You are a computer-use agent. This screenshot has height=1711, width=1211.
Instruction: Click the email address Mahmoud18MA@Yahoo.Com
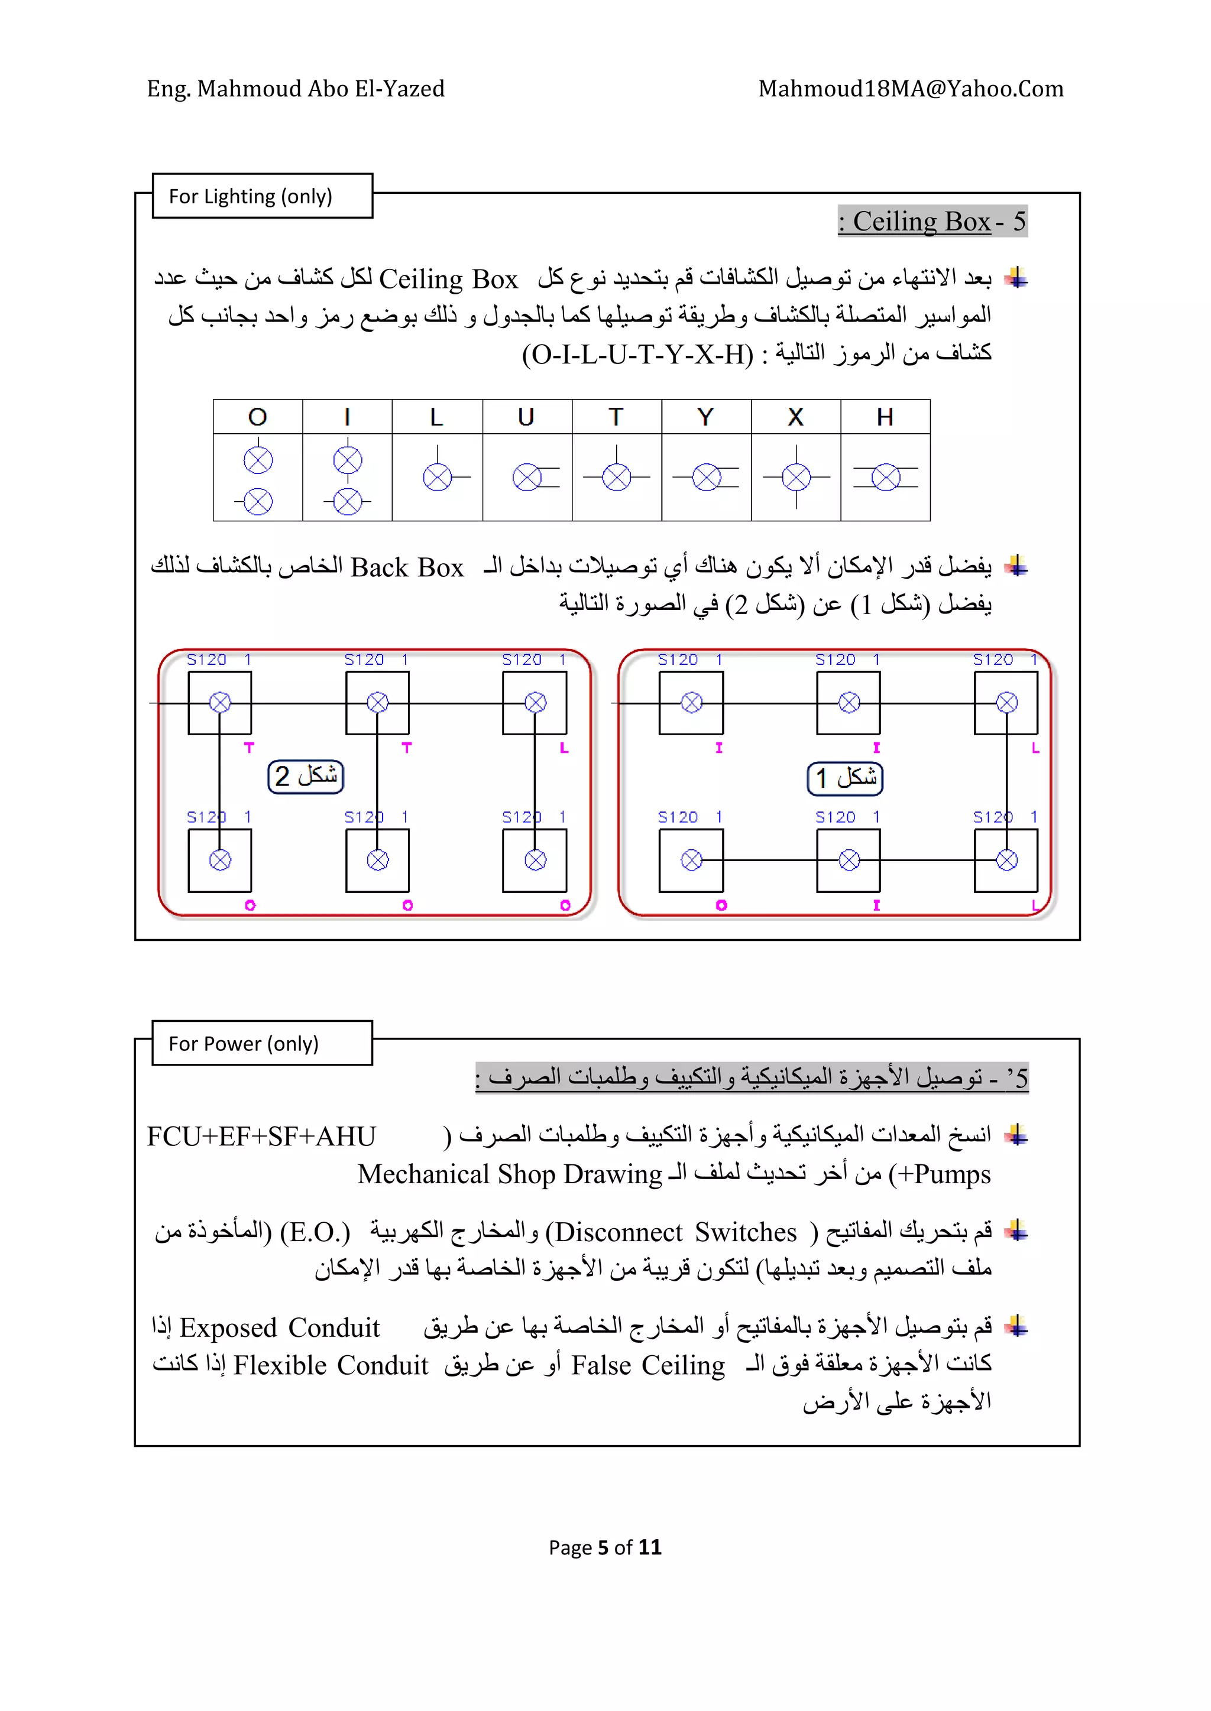click(x=911, y=89)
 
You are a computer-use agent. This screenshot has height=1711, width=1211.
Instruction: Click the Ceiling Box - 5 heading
click(x=932, y=221)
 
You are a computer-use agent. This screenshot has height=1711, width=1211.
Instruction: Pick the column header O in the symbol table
click(x=257, y=417)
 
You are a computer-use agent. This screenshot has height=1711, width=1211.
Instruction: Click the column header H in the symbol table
click(x=885, y=417)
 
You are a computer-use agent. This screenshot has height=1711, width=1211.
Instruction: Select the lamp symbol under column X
click(x=796, y=477)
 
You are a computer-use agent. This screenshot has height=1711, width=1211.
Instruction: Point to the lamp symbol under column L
click(x=438, y=477)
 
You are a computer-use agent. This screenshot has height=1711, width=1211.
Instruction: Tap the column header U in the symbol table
click(x=526, y=417)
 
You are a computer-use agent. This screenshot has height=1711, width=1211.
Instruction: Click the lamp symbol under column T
click(x=616, y=477)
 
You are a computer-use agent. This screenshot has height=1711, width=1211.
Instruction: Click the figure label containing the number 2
click(x=306, y=777)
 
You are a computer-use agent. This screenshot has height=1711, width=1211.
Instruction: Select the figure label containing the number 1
click(x=845, y=778)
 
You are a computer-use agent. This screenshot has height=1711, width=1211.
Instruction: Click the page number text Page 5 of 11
click(x=605, y=1547)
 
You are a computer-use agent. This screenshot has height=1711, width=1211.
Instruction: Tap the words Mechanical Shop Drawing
click(x=509, y=1174)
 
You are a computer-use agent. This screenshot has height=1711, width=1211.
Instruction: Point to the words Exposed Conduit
click(x=280, y=1328)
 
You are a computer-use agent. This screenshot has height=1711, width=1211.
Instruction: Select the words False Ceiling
click(x=648, y=1365)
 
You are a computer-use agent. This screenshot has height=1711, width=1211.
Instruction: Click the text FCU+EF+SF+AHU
click(x=261, y=1137)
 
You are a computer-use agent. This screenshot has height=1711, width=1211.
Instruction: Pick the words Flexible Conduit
click(x=331, y=1365)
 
